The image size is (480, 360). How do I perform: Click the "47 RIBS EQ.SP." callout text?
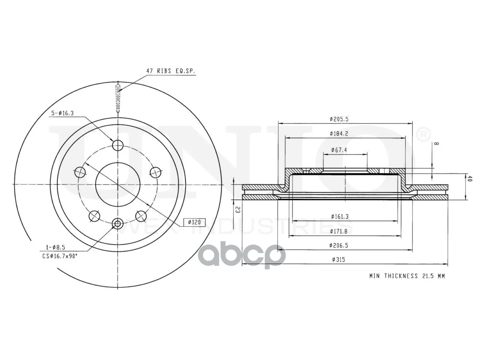[171, 71]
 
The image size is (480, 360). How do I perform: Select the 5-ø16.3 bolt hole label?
[62, 113]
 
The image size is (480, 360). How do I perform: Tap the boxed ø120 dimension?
[194, 222]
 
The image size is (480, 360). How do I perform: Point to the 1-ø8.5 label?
[55, 247]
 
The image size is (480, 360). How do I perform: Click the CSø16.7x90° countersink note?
[60, 256]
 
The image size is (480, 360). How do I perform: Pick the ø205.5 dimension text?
[339, 119]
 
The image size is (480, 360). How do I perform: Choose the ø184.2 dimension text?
[339, 133]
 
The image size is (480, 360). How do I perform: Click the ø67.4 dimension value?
[339, 150]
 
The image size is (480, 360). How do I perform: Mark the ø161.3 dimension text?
[340, 217]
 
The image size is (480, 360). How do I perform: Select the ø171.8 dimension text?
[339, 231]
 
